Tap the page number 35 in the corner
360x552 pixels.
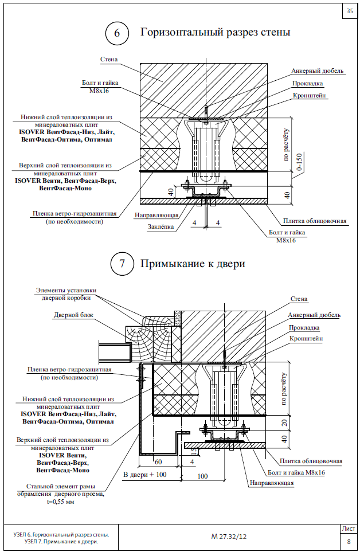349,10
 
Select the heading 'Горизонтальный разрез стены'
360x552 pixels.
215,32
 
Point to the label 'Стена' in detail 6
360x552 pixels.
109,59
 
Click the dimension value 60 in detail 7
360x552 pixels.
158,461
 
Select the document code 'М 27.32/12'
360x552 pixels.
229,537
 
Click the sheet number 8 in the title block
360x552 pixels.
348,541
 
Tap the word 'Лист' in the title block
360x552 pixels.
348,528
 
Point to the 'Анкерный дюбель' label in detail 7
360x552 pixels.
315,315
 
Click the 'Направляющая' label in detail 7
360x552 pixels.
271,483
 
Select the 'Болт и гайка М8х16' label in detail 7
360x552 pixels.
296,472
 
